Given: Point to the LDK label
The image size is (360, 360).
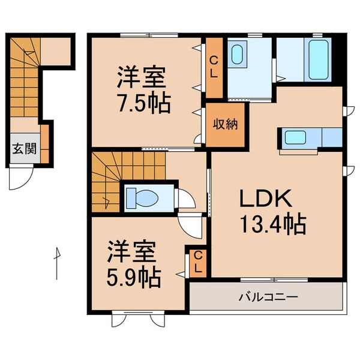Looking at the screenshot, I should coord(266,199).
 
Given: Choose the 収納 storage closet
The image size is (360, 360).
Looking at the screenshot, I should coord(225,125).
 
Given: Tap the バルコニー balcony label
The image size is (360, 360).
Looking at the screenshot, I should coord(268,296).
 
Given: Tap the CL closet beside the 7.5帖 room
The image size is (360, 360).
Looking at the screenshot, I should coord(214,67).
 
